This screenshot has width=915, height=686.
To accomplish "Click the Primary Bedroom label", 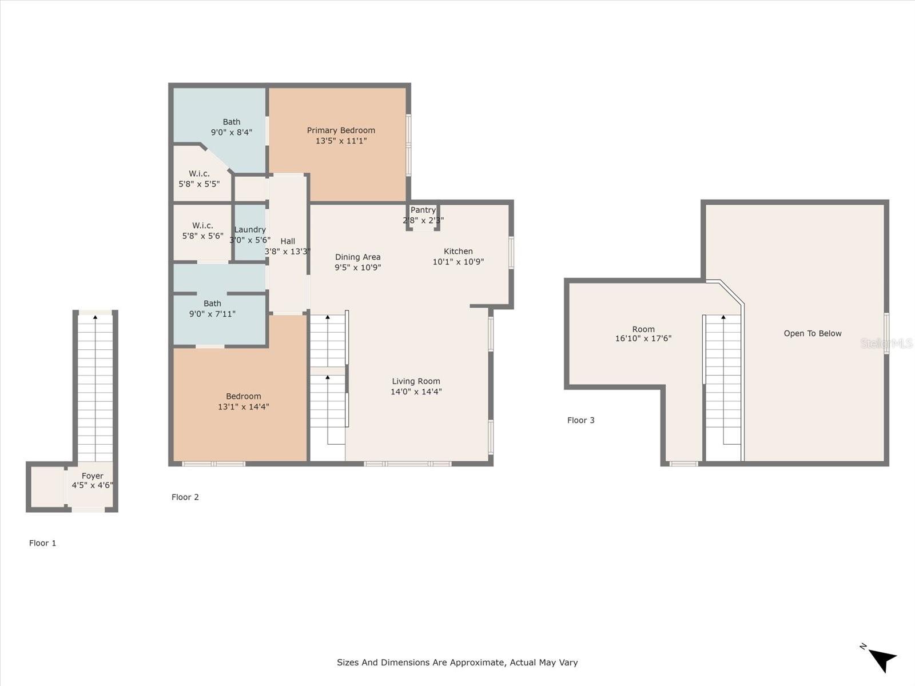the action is (x=341, y=130).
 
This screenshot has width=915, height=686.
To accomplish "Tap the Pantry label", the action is (x=423, y=210).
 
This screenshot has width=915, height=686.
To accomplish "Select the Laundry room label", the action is (x=250, y=229).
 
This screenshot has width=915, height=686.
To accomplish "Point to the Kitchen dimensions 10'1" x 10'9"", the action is (x=458, y=262).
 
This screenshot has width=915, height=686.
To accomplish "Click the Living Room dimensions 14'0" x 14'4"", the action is (x=416, y=392).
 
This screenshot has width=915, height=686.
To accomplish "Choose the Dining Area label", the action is (x=357, y=257).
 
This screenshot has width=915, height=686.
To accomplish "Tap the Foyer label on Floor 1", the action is (x=93, y=476).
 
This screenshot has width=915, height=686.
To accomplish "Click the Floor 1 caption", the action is (x=42, y=543).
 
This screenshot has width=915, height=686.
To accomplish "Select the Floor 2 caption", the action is (x=185, y=497).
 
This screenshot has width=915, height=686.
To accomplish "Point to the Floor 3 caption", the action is (x=580, y=420).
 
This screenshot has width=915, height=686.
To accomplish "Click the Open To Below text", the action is (x=813, y=333).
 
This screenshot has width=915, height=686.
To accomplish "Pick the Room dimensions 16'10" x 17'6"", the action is (x=643, y=338).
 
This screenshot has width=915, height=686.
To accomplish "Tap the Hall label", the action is (x=288, y=241).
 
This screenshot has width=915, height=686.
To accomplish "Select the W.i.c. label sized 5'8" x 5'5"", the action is (x=199, y=173).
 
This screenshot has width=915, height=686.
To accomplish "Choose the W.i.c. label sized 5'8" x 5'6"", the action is (x=202, y=225).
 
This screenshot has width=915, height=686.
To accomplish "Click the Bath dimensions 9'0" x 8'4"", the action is (x=232, y=132).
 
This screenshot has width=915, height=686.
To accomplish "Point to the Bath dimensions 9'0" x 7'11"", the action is (x=212, y=314).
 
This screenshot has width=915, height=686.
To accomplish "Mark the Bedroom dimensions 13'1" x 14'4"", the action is (x=244, y=406).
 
